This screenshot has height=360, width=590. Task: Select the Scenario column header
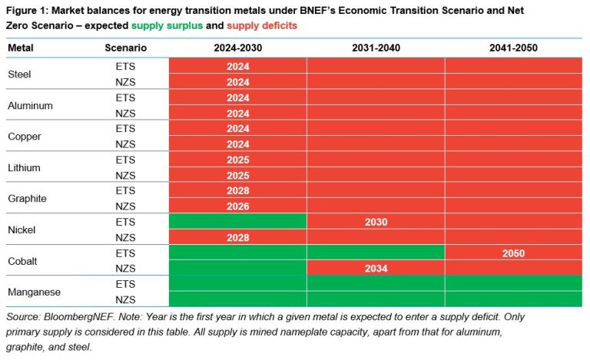pos(126,48)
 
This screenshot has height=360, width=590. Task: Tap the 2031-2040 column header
pos(376,48)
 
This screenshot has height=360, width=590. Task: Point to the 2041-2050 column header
pos(512,48)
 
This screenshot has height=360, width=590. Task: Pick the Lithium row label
pos(24,167)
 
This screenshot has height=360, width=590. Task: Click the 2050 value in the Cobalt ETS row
pos(512,253)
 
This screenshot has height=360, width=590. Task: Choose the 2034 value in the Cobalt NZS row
pos(376,269)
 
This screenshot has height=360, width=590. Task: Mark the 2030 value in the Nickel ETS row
pos(376,222)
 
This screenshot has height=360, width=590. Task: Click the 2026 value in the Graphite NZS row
pos(238,206)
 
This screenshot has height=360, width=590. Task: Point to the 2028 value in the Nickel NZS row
pos(238,237)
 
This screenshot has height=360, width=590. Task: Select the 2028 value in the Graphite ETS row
pos(238,190)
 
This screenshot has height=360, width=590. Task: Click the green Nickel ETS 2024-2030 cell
pos(238,222)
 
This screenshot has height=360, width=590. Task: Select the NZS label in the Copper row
pos(126,144)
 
